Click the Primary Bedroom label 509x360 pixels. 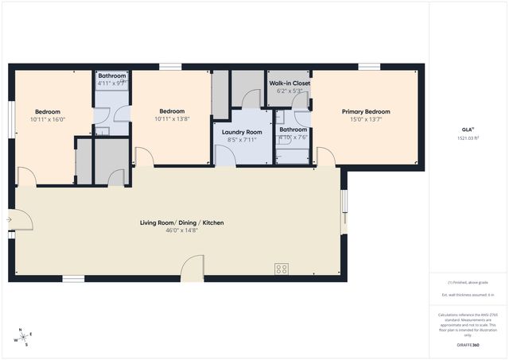coord(366,112)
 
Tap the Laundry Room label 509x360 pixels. coord(243,132)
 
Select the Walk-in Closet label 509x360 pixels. coord(289,83)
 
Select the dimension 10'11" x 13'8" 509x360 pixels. coord(172,119)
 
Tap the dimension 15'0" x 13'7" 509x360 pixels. coord(366,120)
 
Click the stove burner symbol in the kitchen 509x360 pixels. coord(282,269)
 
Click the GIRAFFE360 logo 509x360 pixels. coord(468,345)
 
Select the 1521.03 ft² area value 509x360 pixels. coord(468,137)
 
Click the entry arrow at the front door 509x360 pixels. coord(10,220)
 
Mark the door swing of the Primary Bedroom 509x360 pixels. coord(324,157)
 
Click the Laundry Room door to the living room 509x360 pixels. coord(225,157)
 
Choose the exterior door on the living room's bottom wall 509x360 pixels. coord(192,269)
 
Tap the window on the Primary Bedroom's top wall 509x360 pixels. coord(367,66)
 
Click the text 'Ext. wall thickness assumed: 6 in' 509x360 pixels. coord(468,295)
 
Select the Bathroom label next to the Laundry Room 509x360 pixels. coord(293,129)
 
